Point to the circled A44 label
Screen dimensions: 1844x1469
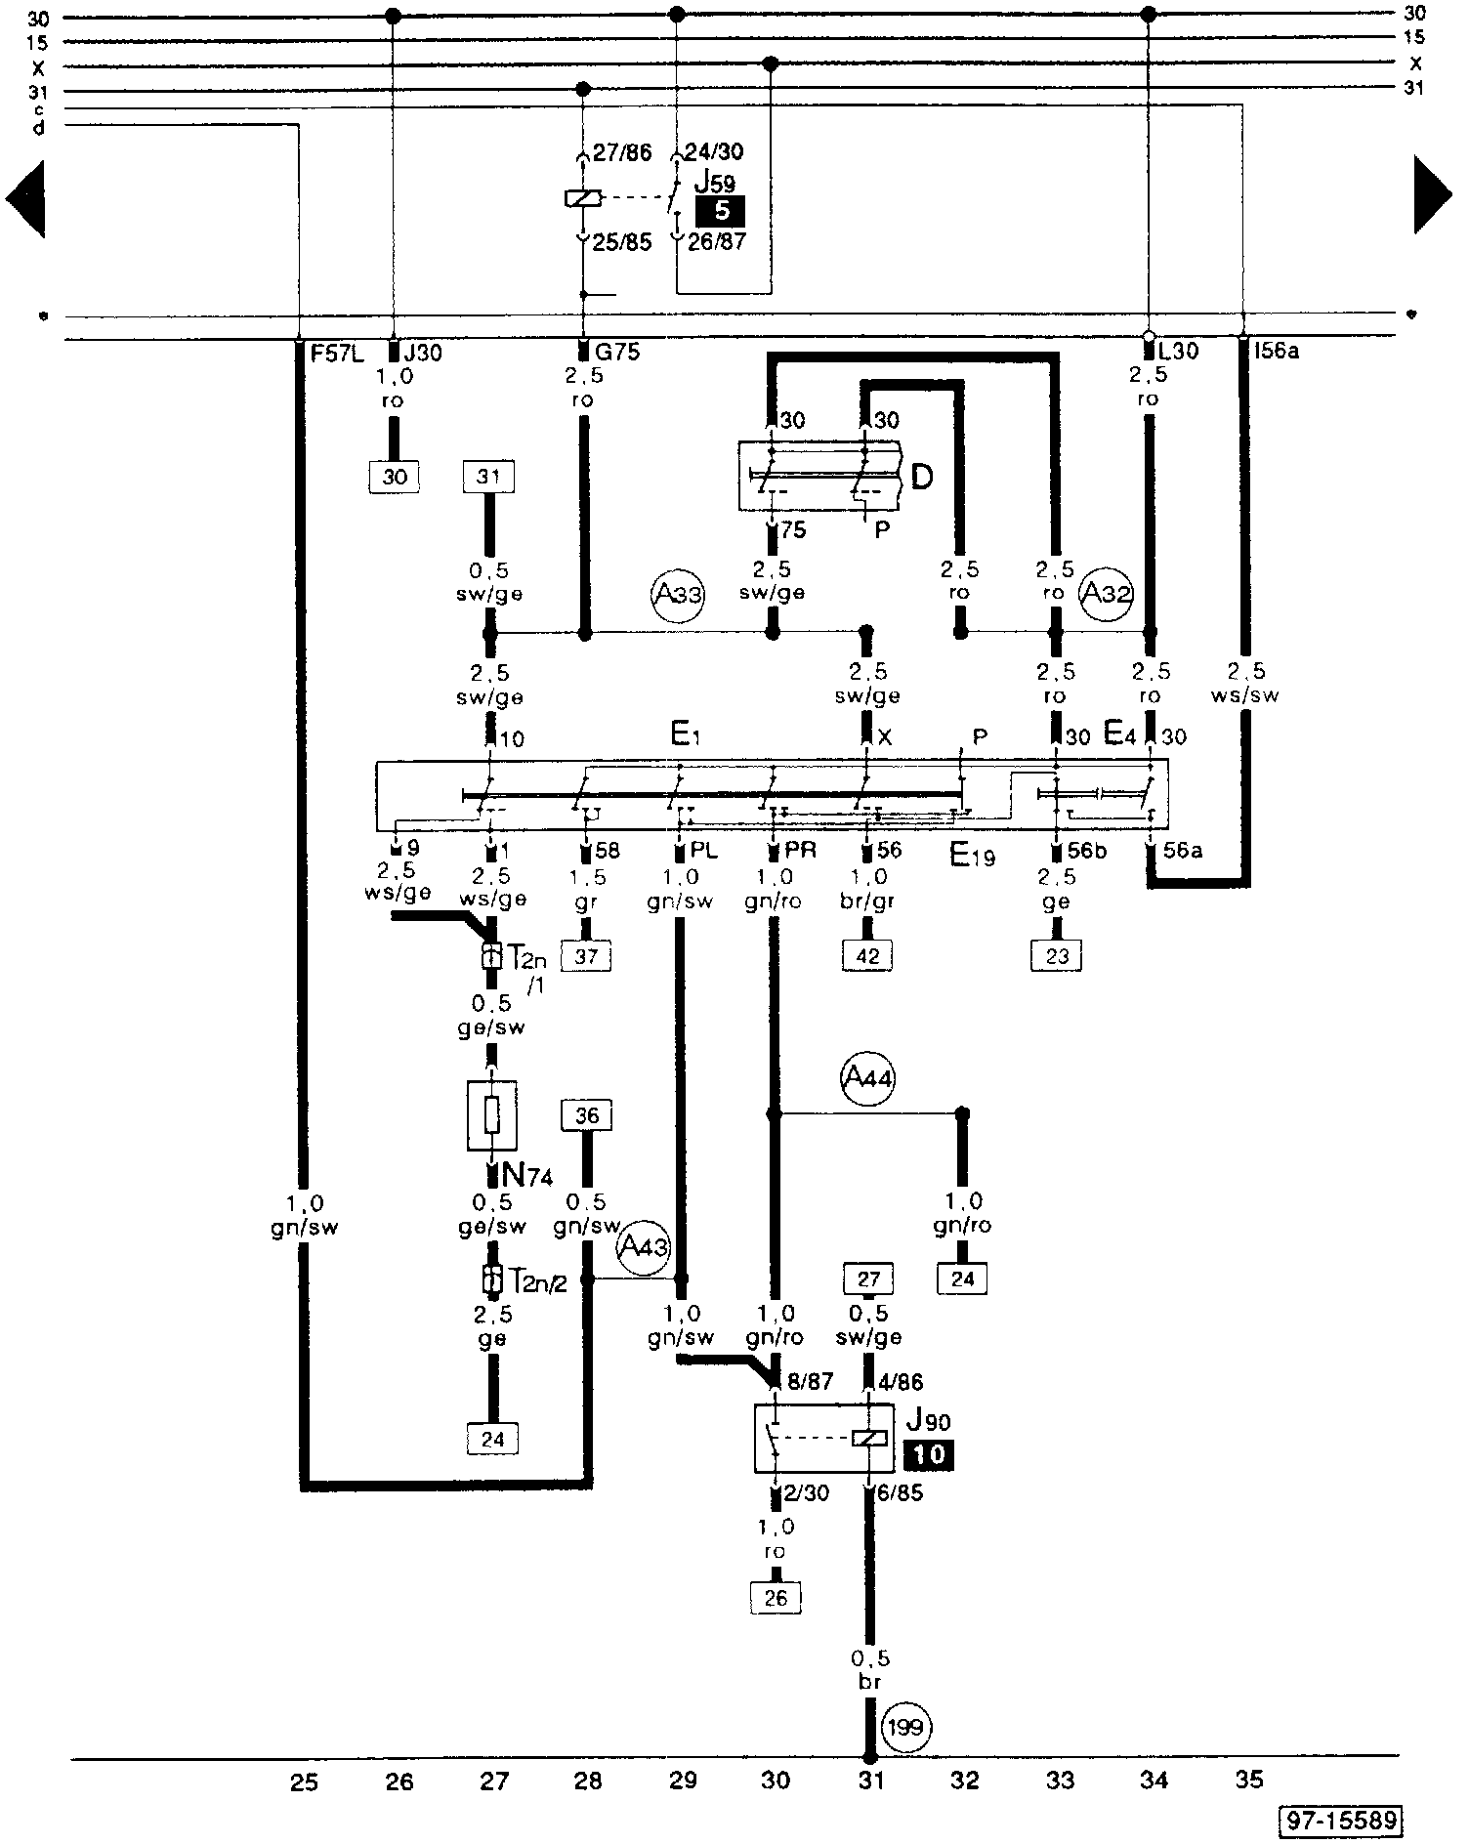click(x=867, y=1078)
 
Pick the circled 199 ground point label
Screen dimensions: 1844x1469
click(x=907, y=1728)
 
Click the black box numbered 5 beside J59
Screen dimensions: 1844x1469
click(x=720, y=211)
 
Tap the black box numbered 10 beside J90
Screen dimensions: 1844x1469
click(x=929, y=1455)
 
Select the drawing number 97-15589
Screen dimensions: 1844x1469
click(x=1341, y=1821)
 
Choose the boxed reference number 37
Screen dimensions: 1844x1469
click(x=585, y=956)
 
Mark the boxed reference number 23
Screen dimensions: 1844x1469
click(x=1057, y=956)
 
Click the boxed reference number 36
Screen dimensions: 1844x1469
click(x=587, y=1115)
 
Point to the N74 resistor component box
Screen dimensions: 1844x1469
click(x=492, y=1115)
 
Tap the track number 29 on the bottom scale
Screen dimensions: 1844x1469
click(x=683, y=1781)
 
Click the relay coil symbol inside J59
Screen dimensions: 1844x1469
click(x=583, y=198)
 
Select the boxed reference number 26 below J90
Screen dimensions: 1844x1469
click(x=776, y=1598)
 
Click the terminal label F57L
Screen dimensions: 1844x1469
click(x=337, y=353)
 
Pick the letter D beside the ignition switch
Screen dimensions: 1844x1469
click(x=922, y=477)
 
